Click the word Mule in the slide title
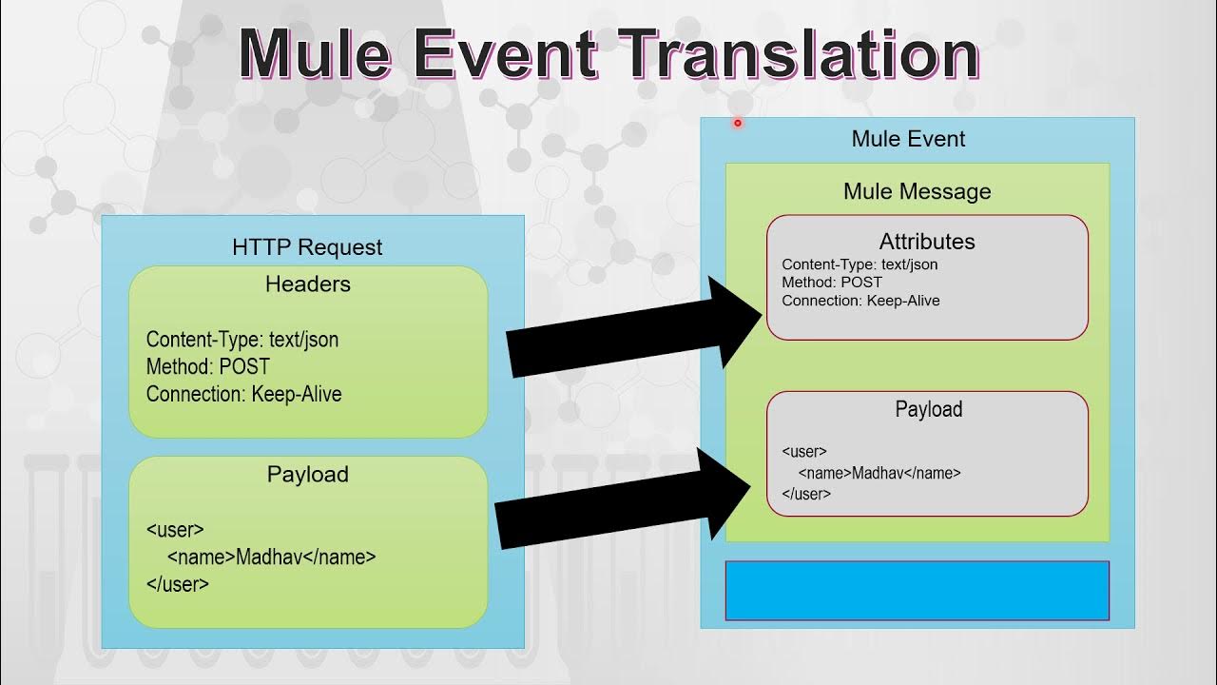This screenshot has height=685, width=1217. (x=315, y=54)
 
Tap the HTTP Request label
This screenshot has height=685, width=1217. (x=307, y=247)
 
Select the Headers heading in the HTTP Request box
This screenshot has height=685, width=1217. (x=307, y=284)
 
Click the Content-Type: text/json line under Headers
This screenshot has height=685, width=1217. (x=242, y=340)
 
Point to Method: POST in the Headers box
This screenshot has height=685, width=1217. (x=207, y=366)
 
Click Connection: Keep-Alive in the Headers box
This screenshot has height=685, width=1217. (x=243, y=394)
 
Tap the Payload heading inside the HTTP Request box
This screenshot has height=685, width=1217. (x=307, y=474)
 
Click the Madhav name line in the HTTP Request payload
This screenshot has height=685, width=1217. (x=271, y=557)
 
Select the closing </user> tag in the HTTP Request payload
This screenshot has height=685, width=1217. (x=177, y=584)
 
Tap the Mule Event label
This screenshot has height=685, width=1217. (x=908, y=139)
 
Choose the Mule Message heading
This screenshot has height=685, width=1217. (x=917, y=191)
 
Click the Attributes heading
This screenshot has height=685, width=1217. (x=927, y=242)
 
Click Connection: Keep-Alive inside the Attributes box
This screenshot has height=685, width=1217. (x=860, y=301)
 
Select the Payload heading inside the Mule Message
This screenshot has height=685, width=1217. (x=928, y=409)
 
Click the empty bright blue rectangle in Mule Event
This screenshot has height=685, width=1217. (x=917, y=591)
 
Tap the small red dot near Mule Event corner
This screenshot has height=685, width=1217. (x=737, y=123)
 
